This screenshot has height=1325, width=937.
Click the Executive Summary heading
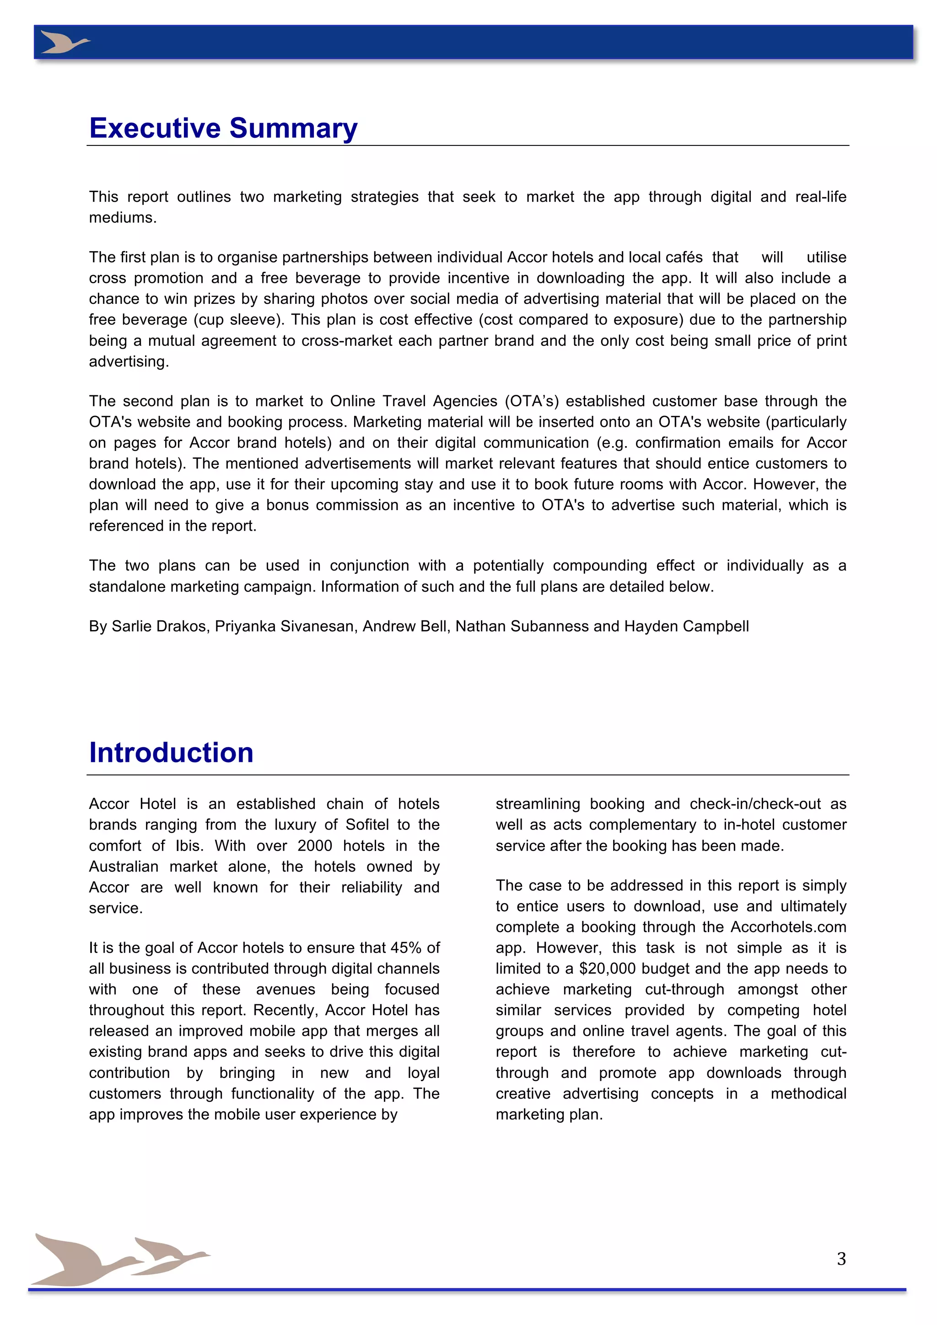tap(223, 128)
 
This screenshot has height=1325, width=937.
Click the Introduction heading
tap(172, 753)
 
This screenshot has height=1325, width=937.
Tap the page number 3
tap(841, 1259)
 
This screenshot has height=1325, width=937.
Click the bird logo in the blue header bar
tap(65, 43)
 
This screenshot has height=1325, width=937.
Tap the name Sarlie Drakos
tap(159, 626)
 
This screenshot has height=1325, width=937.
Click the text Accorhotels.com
tap(789, 927)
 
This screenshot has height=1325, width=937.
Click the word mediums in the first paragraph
tap(122, 218)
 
